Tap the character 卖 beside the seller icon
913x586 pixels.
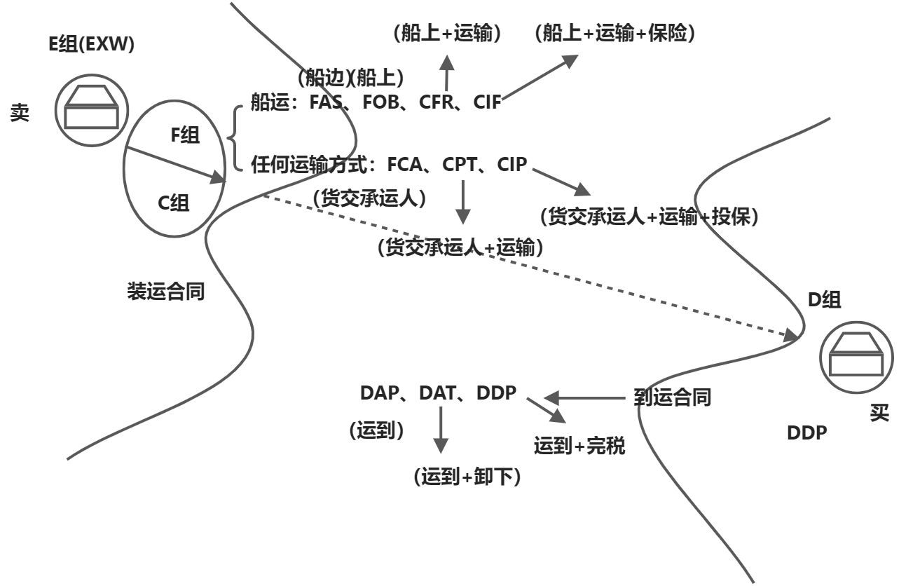point(20,113)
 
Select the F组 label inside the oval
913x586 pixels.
point(185,135)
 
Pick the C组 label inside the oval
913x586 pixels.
point(172,203)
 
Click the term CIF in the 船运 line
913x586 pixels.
point(487,102)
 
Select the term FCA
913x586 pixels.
point(405,165)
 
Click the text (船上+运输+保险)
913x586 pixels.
point(615,34)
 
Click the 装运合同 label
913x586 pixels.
point(165,292)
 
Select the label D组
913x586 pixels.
point(824,299)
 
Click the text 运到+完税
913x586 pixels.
point(579,446)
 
